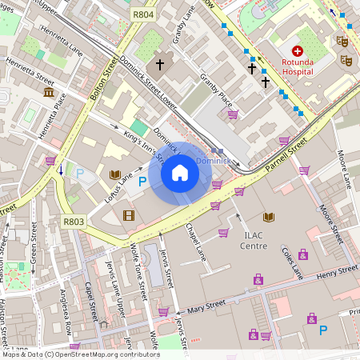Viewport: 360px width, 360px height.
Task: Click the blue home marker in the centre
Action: click(180, 173)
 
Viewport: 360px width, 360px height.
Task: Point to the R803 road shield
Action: click(73, 222)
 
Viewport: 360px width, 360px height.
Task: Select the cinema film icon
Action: click(128, 214)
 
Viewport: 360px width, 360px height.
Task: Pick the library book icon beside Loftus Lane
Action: click(115, 174)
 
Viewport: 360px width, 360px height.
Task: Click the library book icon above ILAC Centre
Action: click(269, 217)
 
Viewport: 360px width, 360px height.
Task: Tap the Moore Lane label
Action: click(344, 168)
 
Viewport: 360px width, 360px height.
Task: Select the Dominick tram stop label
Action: click(213, 160)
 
